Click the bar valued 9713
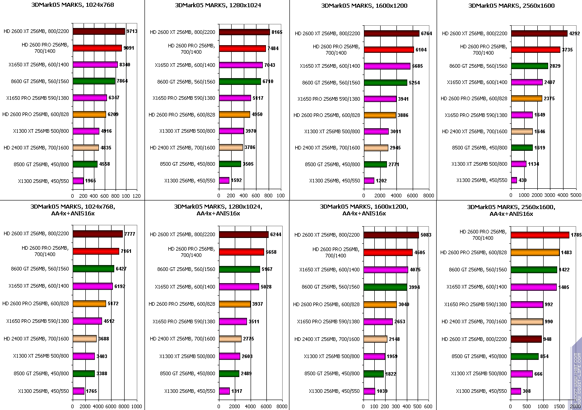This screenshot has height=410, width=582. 98,32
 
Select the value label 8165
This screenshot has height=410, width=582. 277,32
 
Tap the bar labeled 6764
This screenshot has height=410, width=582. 391,33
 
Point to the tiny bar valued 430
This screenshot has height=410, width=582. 514,180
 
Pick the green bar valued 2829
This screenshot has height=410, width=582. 529,66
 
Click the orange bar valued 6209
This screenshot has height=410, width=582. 89,114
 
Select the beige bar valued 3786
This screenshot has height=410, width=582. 231,147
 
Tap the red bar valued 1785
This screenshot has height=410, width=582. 540,235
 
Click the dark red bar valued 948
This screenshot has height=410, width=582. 526,339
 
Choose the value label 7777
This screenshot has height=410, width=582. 130,234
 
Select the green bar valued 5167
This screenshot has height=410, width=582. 239,269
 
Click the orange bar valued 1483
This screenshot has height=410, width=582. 535,252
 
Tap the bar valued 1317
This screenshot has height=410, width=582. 224,391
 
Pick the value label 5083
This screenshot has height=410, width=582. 426,235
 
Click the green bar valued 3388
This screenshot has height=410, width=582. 84,373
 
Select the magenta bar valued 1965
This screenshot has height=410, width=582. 78,181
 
